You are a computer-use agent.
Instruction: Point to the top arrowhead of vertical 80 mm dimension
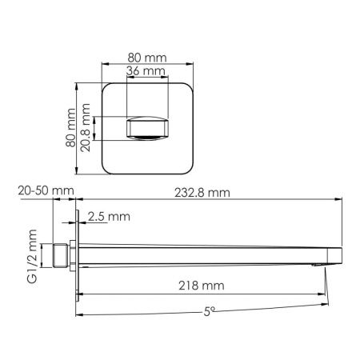coord(78,83)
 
